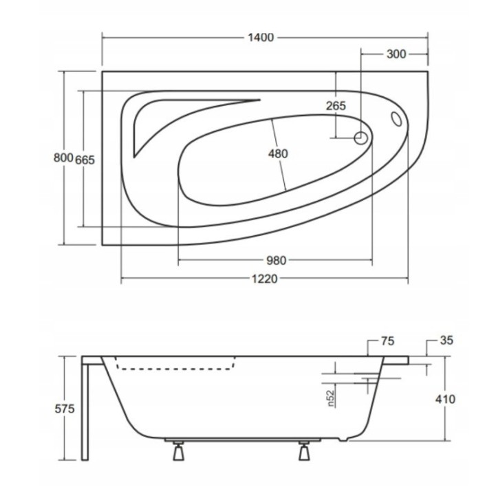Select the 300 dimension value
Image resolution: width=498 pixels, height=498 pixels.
pos(396,54)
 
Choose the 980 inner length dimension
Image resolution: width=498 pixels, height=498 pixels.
pos(276,261)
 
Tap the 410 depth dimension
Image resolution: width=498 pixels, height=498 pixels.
pos(445,399)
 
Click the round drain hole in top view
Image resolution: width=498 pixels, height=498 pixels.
pos(360,138)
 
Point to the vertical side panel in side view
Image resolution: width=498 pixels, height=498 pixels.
pos(85,409)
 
